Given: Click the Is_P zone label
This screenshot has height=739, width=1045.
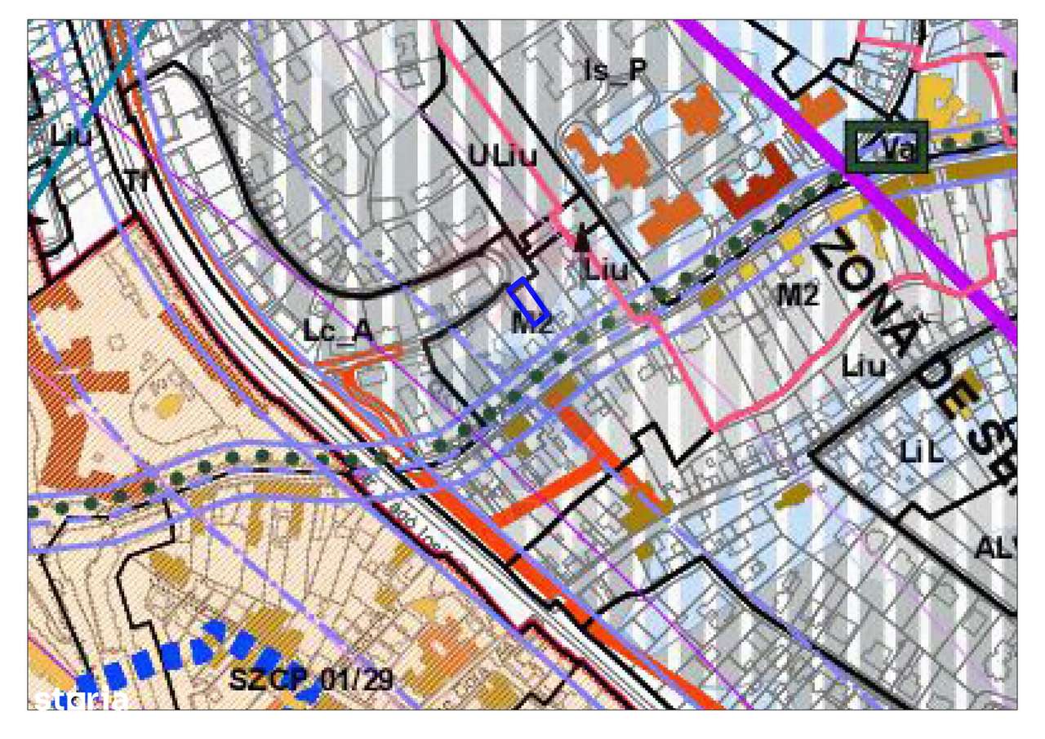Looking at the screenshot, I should click(x=616, y=72).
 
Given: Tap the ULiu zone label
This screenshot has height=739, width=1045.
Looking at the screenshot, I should click(x=502, y=155).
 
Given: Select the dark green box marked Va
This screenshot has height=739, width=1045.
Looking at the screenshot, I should click(x=887, y=147).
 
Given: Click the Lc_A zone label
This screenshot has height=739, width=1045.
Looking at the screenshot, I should click(x=337, y=331).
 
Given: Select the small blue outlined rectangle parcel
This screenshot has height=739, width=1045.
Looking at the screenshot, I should click(x=528, y=302).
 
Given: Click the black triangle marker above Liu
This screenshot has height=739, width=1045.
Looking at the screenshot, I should click(x=581, y=238).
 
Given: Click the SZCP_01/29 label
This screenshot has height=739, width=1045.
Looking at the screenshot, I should click(x=310, y=679).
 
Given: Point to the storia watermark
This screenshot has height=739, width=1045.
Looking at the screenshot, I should click(x=81, y=700).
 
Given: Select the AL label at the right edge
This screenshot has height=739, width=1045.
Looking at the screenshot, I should click(x=995, y=549).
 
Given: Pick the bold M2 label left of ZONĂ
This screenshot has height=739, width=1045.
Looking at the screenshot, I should click(x=797, y=296).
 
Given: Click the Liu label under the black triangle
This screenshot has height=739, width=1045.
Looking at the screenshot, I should click(x=606, y=269).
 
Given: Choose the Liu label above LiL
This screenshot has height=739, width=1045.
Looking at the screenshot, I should click(x=864, y=367).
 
